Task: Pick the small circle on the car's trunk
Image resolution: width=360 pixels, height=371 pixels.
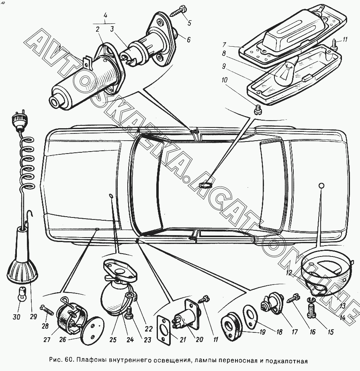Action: tap(321, 185)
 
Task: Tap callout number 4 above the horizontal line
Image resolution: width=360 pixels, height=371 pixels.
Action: tap(105, 16)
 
